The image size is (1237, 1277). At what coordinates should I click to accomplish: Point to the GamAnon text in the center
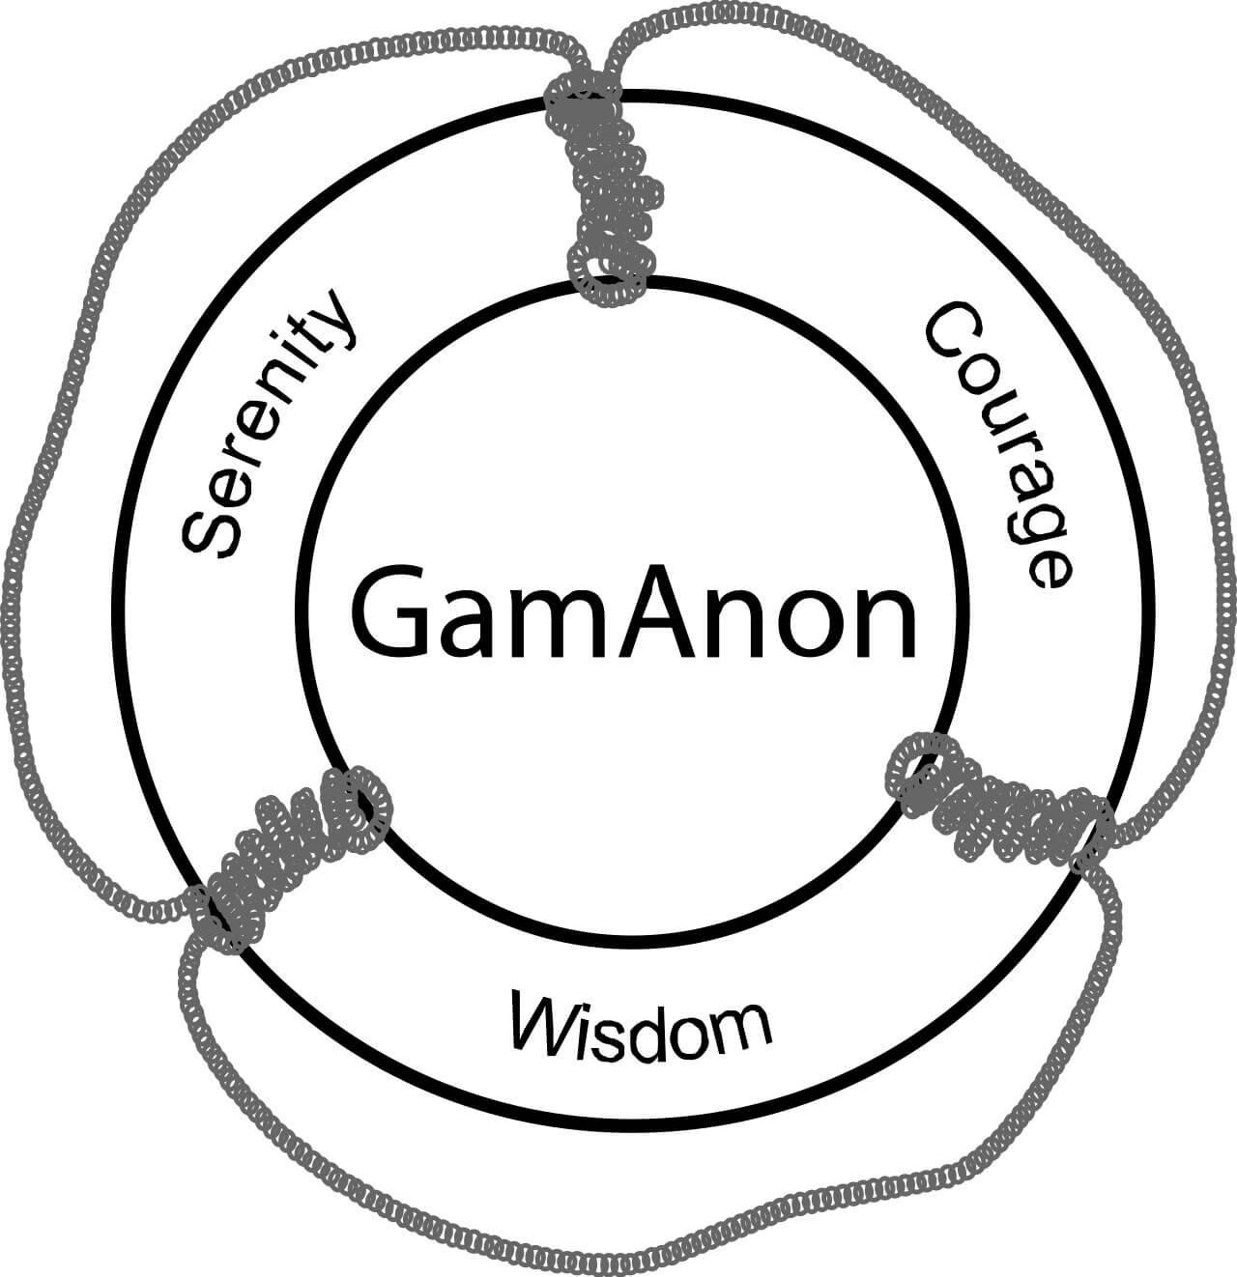[634, 612]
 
